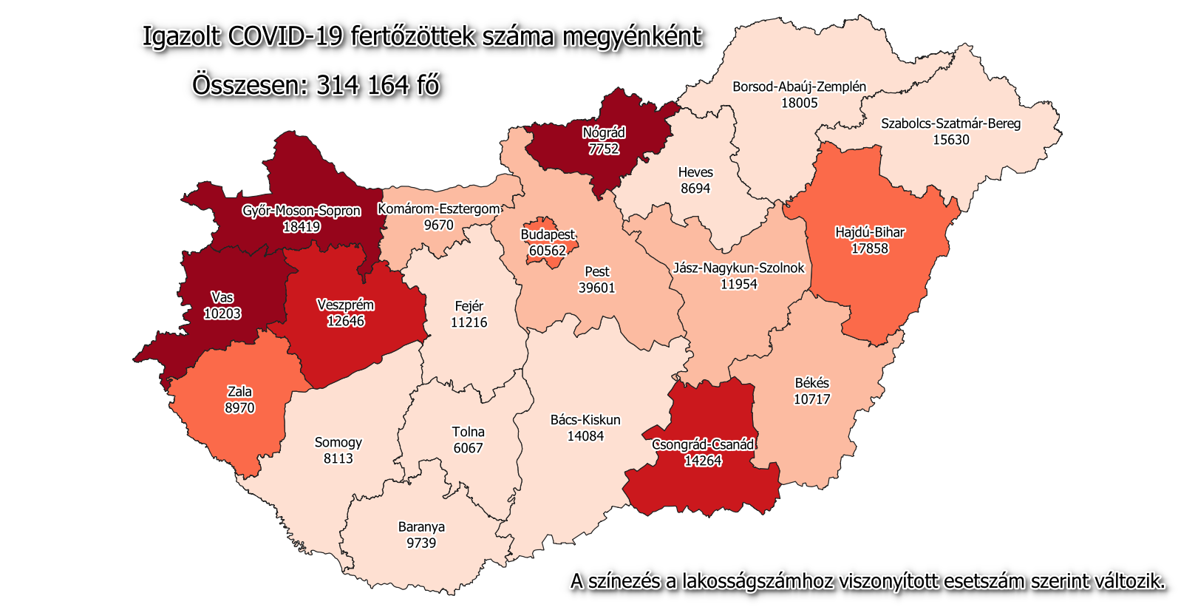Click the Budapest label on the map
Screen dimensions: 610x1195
[548, 234]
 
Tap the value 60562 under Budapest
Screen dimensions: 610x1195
[548, 251]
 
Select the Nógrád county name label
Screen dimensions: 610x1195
[604, 133]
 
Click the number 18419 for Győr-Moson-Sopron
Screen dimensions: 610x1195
[302, 227]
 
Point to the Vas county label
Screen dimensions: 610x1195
[222, 297]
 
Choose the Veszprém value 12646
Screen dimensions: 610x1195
[346, 322]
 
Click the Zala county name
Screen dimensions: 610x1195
[239, 392]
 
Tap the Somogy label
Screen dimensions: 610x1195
[338, 442]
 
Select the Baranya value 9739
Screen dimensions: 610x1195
[421, 543]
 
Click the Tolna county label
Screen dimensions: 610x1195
[469, 432]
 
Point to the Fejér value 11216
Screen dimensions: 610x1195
[469, 322]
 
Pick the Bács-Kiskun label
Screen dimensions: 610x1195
[585, 420]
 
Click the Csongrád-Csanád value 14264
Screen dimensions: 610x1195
[703, 461]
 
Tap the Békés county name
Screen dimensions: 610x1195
[812, 383]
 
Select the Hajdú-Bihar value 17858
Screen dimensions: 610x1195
[870, 248]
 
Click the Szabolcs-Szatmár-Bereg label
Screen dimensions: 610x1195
[950, 123]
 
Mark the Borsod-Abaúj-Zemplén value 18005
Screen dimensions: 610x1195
[800, 103]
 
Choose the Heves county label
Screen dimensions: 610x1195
[695, 172]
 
